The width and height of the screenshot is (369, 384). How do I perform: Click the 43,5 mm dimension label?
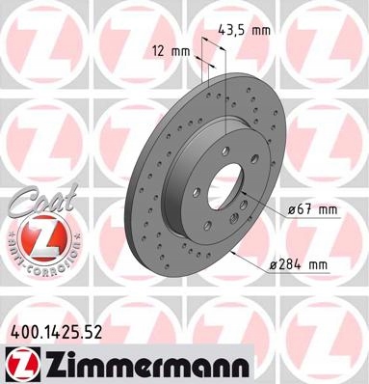[244, 30]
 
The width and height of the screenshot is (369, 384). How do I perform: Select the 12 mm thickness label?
[171, 51]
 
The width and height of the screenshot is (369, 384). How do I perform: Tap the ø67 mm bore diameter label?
[312, 210]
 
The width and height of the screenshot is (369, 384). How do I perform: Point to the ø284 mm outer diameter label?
[299, 264]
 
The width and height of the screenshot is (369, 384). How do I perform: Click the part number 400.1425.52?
[57, 333]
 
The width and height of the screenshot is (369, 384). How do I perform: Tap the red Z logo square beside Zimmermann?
[22, 365]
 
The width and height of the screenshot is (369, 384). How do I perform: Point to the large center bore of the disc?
[225, 186]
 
